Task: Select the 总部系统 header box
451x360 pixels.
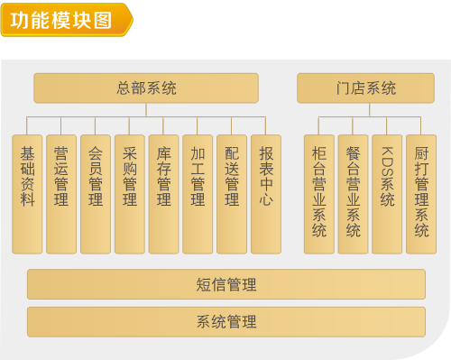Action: point(146,88)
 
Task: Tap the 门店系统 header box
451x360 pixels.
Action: point(360,88)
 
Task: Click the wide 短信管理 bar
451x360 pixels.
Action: point(225,284)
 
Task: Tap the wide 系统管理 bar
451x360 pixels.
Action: point(225,321)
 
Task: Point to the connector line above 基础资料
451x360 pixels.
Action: point(27,126)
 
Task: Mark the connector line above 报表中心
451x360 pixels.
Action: point(265,126)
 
